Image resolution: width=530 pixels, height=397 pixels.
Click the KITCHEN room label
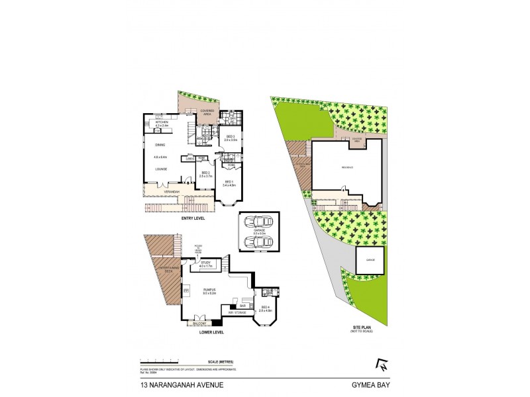tap(162, 122)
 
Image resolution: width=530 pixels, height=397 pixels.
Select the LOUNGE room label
tap(160, 169)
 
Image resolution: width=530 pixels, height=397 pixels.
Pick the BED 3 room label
tap(230, 137)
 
